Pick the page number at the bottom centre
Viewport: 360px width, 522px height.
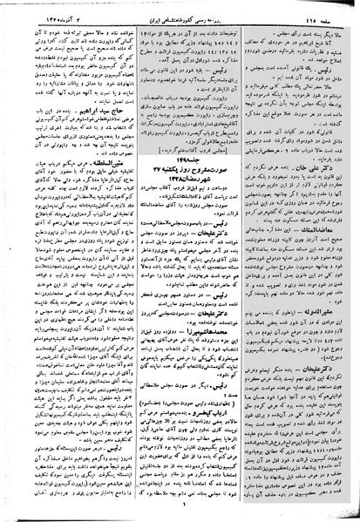pos(180,513)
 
